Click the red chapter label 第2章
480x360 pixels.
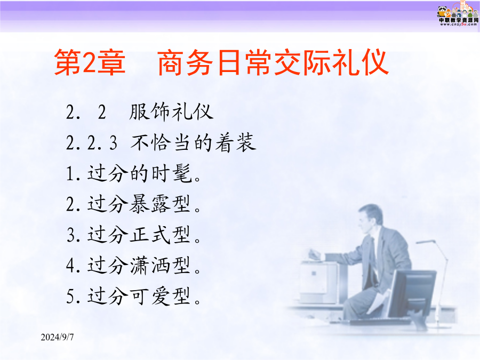tap(90, 62)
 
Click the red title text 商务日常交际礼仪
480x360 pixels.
tap(274, 62)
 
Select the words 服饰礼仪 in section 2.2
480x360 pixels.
tap(171, 112)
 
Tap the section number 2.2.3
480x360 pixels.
tap(92, 143)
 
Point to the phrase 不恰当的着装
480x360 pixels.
tap(194, 142)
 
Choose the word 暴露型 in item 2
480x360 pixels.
tap(160, 204)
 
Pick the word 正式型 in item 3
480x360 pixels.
tap(160, 235)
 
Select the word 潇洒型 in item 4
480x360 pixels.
tap(160, 266)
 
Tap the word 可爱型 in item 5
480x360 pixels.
tap(160, 296)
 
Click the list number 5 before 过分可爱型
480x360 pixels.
tap(70, 297)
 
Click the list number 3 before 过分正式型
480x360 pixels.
tap(71, 235)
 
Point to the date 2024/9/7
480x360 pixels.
tap(57, 337)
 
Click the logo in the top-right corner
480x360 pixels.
tap(458, 14)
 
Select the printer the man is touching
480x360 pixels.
tap(318, 282)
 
